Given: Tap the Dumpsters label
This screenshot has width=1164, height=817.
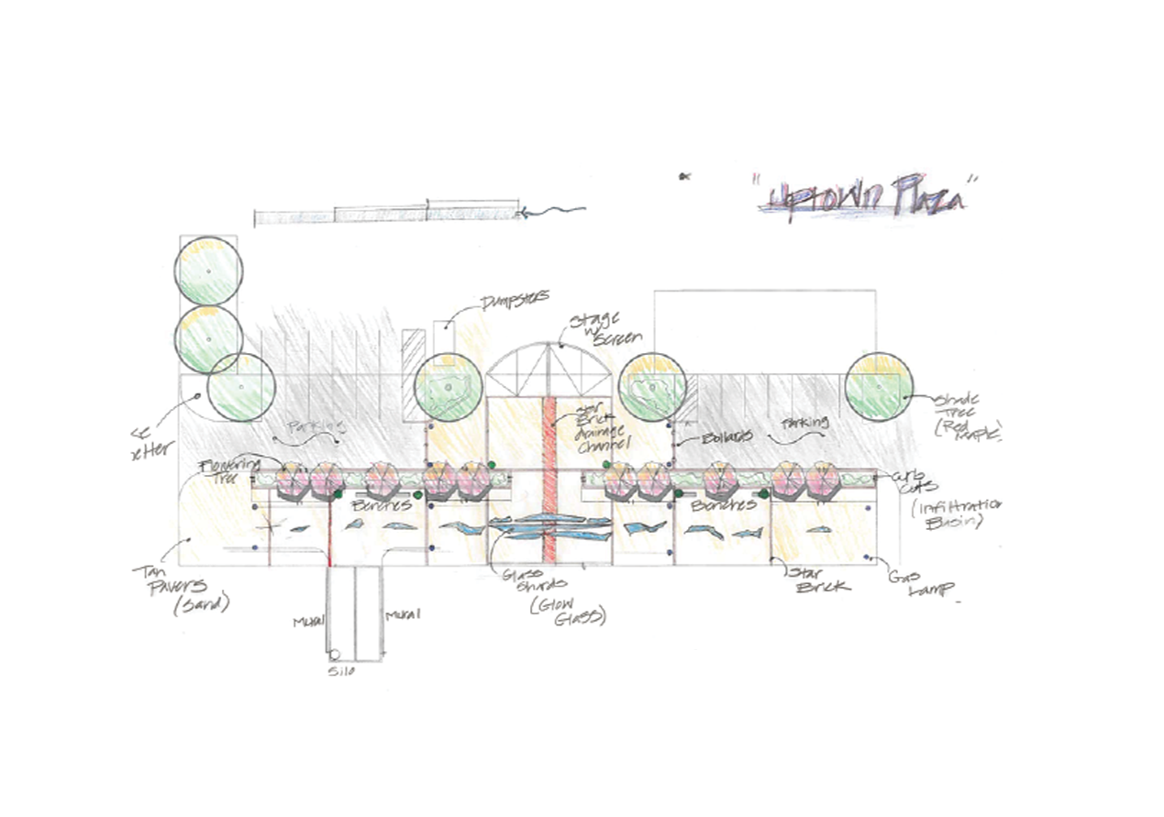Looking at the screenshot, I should (515, 299).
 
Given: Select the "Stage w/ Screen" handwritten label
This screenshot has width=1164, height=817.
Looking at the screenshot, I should (596, 329).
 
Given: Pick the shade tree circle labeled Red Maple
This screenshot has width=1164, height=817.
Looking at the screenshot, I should (880, 387).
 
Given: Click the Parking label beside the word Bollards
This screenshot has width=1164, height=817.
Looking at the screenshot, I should (807, 424).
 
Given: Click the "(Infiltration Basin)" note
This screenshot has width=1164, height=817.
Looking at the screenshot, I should (963, 514).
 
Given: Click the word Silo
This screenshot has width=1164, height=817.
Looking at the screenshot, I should (342, 672).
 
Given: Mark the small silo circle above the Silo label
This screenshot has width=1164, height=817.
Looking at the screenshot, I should (335, 655).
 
